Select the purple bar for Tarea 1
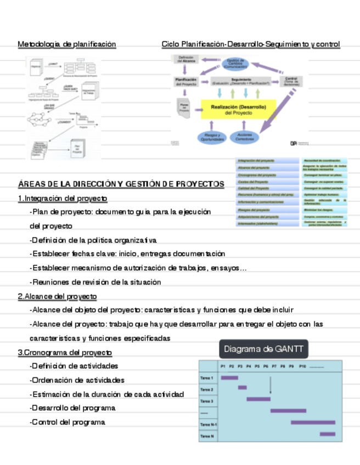(x=229, y=378)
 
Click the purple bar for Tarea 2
(x=242, y=388)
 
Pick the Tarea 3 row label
(x=206, y=401)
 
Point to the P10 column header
(x=302, y=366)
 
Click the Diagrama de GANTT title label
(x=263, y=349)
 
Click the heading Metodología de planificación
(x=67, y=44)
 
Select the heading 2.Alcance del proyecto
(x=58, y=297)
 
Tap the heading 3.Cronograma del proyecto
(x=65, y=353)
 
